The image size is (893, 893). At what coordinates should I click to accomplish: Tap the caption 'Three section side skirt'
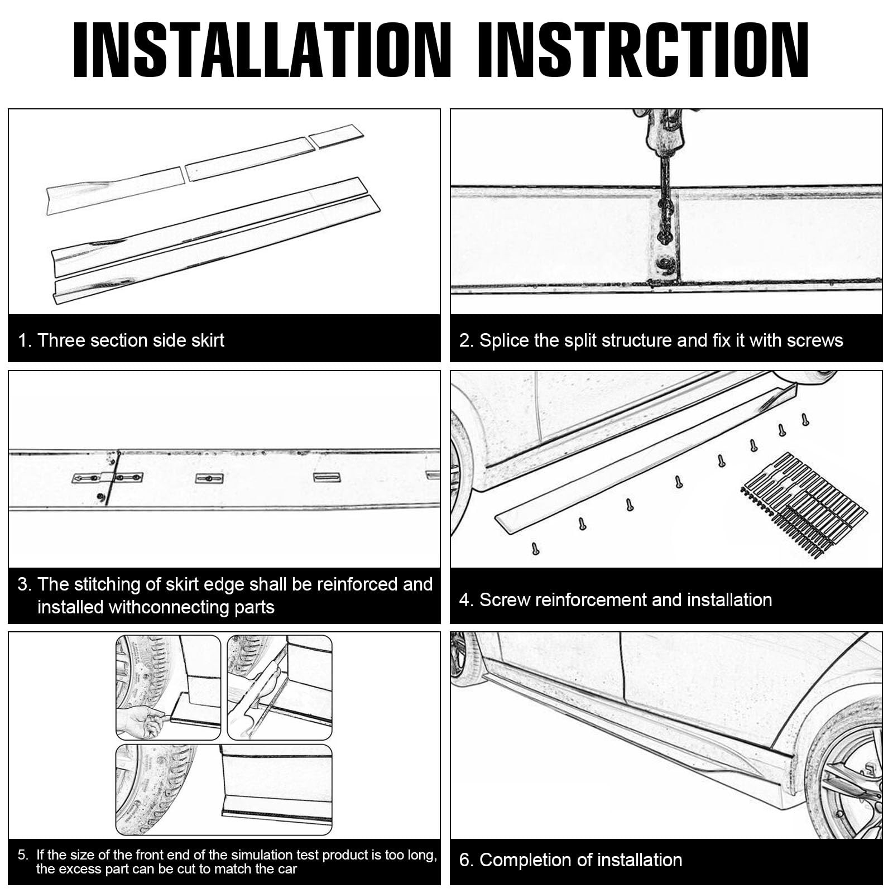(x=131, y=340)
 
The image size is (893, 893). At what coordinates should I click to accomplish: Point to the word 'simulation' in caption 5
(x=262, y=854)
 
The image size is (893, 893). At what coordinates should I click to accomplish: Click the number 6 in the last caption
(x=464, y=860)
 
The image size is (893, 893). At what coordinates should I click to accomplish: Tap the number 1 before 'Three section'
(x=23, y=340)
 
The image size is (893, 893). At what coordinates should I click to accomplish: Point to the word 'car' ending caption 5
(x=287, y=869)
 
